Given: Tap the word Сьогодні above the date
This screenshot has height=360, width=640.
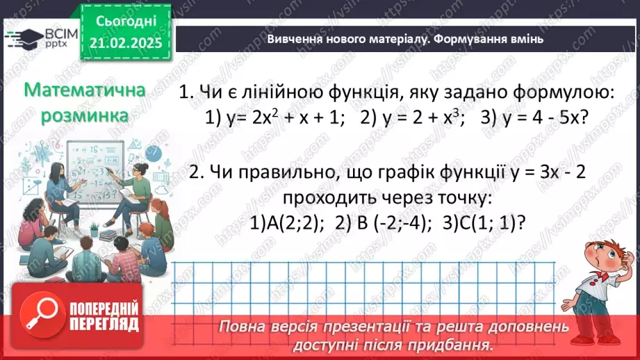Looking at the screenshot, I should click(x=125, y=21).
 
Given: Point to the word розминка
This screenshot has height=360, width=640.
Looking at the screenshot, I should click(x=85, y=115).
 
